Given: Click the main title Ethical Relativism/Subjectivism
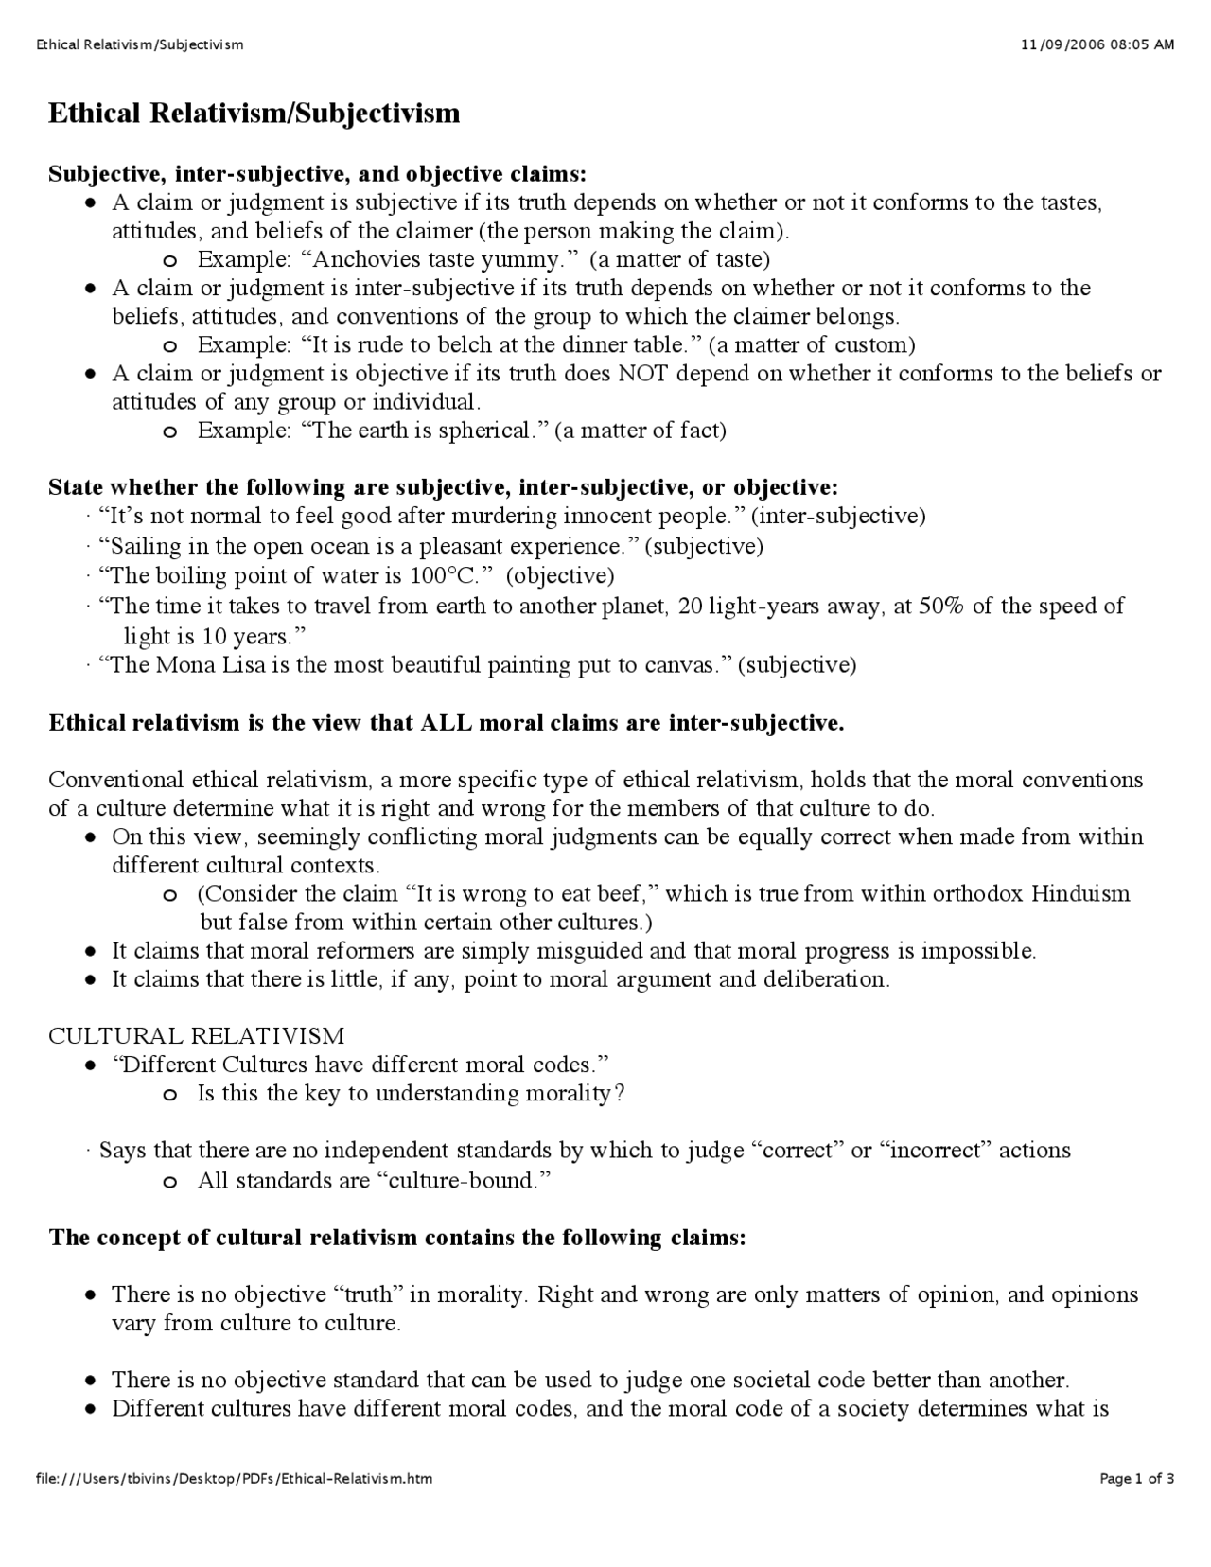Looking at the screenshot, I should tap(254, 114).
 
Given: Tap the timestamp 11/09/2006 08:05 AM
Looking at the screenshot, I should tap(1098, 44).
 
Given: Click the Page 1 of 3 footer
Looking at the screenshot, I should tap(1136, 1478).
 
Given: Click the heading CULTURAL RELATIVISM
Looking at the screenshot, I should tap(197, 1036).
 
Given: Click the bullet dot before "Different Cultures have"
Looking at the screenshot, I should tap(89, 1065).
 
